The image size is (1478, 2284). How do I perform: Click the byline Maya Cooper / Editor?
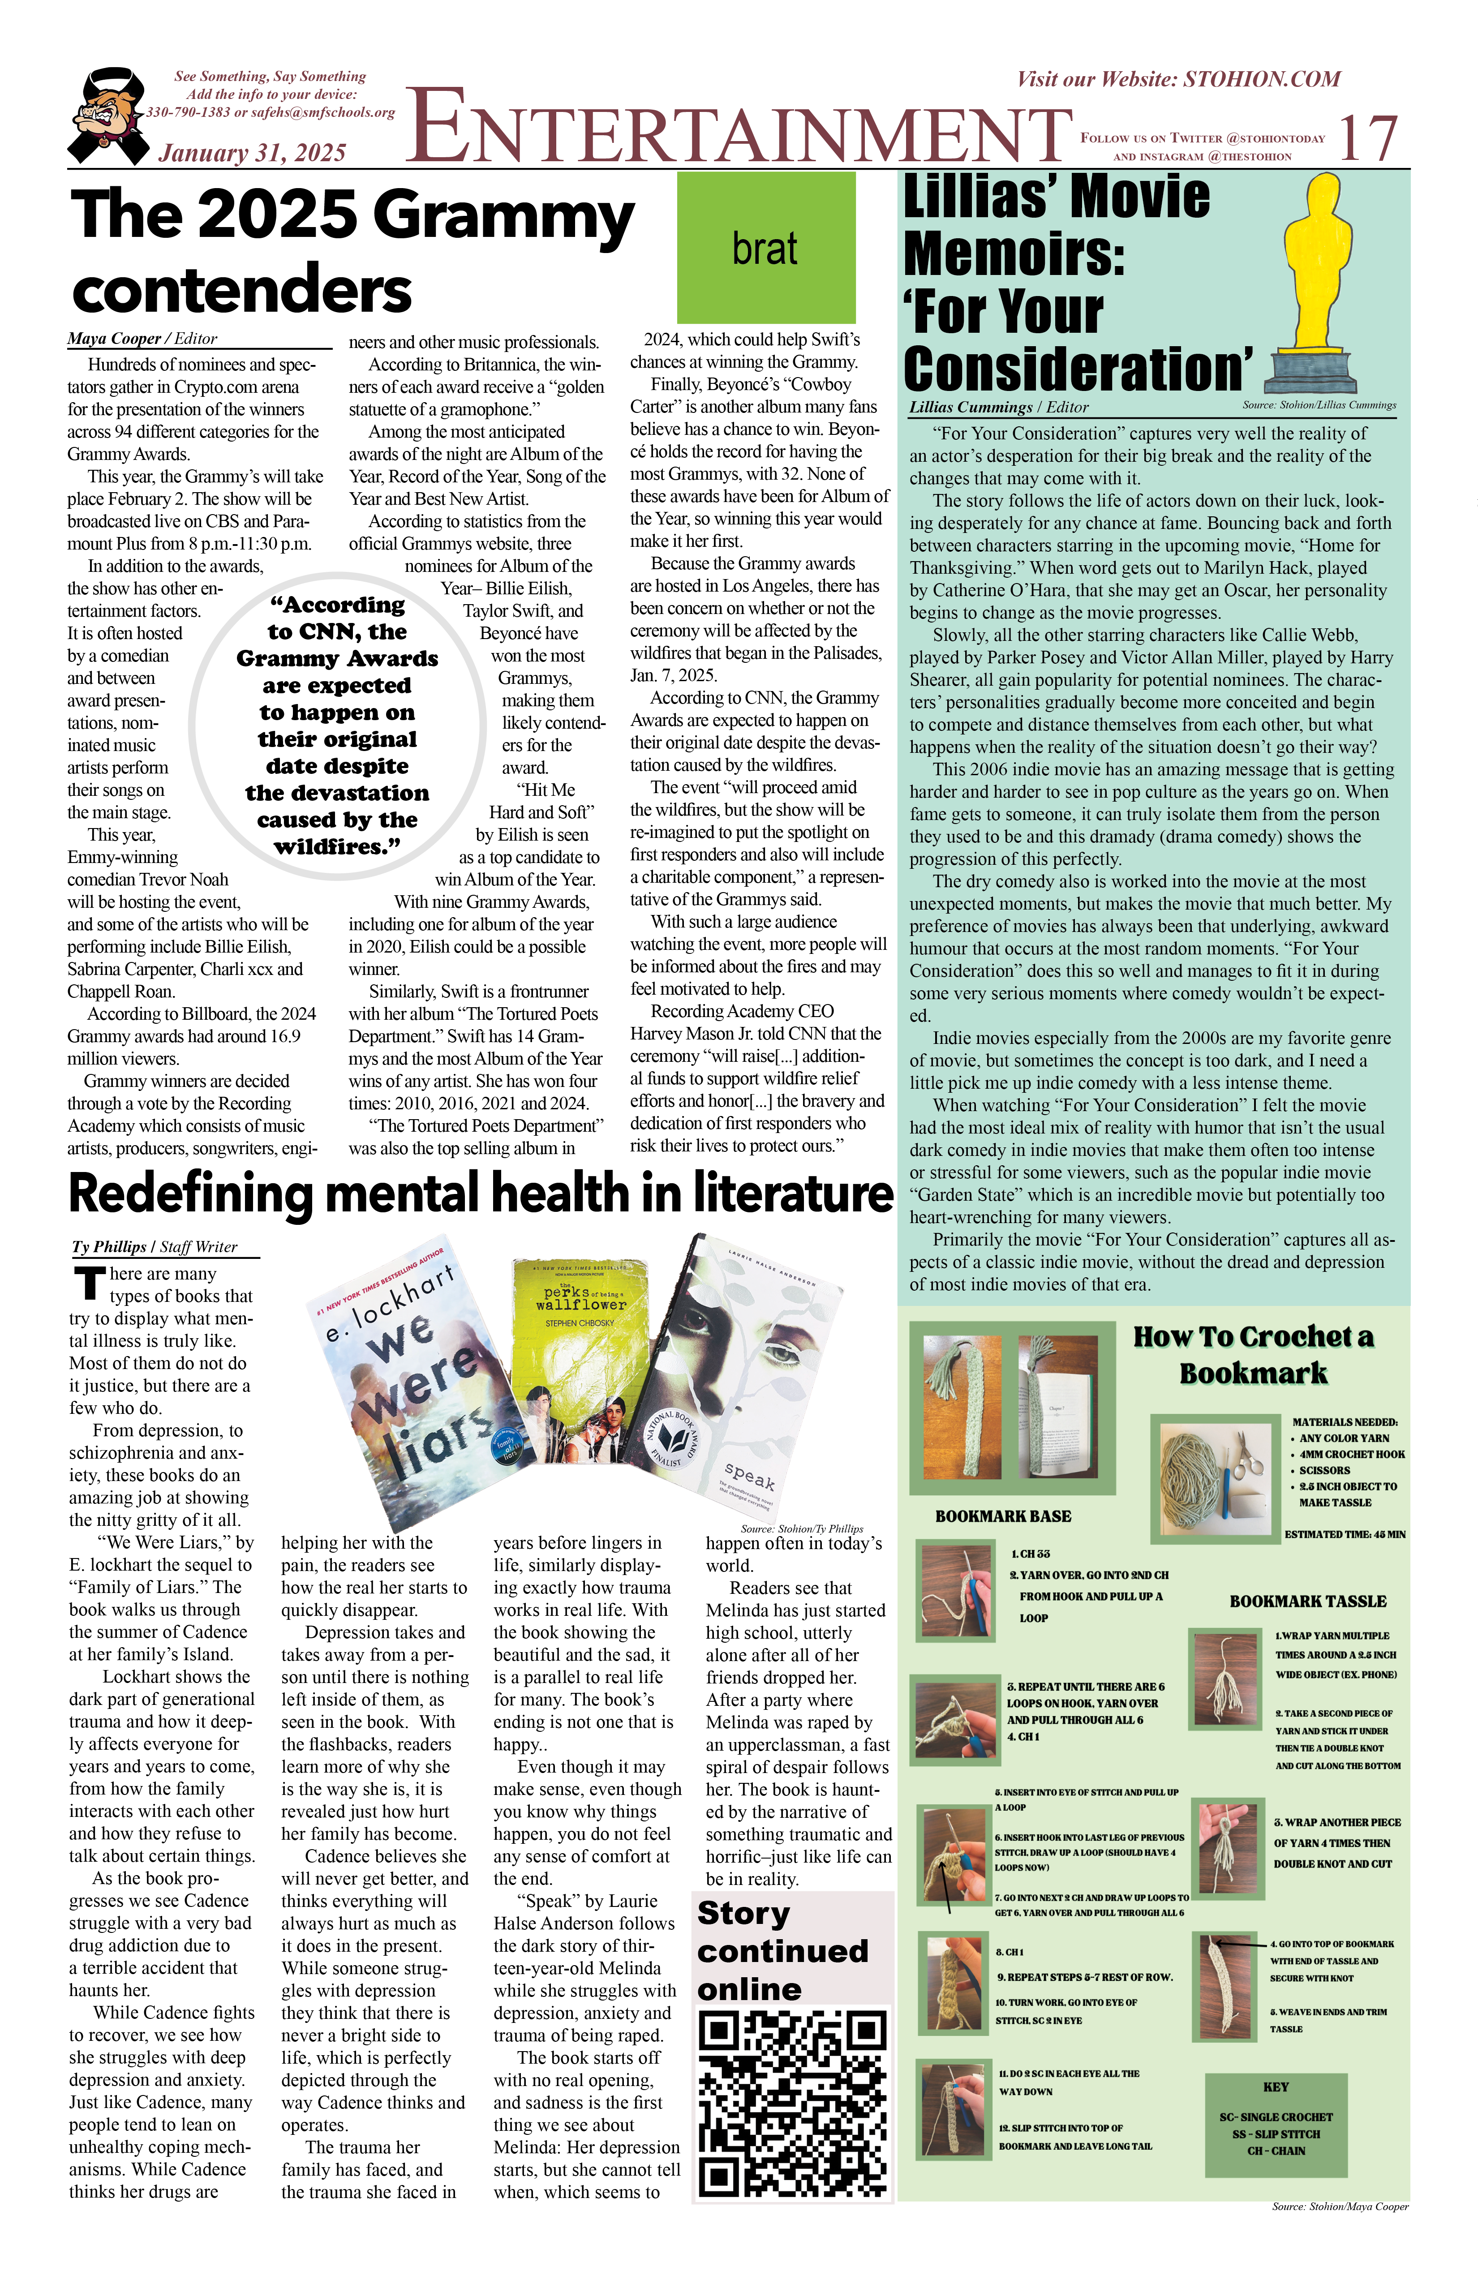click(x=142, y=339)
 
